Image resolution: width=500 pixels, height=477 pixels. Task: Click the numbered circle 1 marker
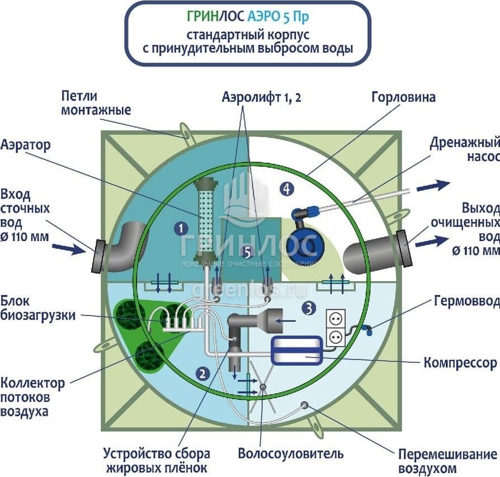point(180,228)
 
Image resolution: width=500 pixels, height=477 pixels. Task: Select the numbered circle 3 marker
point(308,307)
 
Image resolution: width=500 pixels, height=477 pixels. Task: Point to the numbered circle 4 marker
point(287,189)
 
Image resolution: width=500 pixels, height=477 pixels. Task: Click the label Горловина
point(403,97)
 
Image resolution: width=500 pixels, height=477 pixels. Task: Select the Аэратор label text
point(26,145)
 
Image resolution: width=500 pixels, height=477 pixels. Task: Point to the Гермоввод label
point(466,301)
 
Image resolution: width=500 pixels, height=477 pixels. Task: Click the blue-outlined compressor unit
point(296,350)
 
